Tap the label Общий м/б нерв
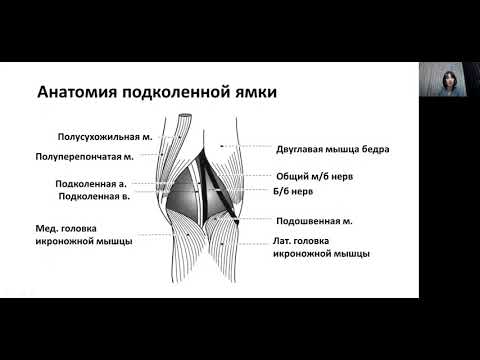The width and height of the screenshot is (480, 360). tap(315, 176)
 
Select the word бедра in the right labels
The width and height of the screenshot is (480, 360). tap(373, 149)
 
